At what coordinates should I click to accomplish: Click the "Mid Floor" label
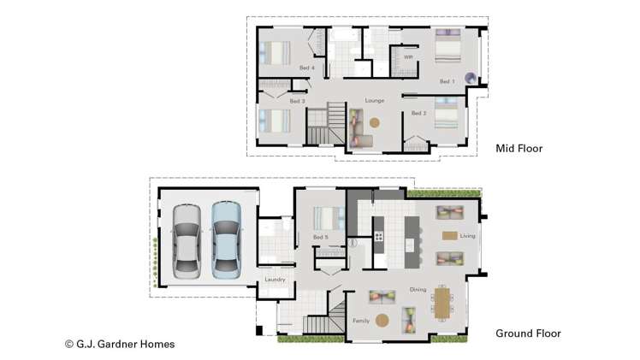tap(519, 149)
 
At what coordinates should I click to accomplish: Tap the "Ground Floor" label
tap(529, 333)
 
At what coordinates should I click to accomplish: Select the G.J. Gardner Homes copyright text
tap(120, 344)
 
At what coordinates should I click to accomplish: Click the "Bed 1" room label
tap(447, 82)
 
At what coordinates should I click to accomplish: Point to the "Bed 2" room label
tap(418, 113)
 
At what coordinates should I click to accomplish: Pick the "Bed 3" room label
tap(297, 102)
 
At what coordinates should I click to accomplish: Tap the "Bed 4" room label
tap(307, 68)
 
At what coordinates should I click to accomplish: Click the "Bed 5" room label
tap(321, 237)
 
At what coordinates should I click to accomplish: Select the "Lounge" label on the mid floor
tap(375, 101)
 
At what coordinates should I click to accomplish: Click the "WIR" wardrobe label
tap(408, 58)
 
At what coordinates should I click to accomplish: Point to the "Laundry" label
tap(275, 280)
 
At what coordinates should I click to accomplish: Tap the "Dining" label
tap(418, 289)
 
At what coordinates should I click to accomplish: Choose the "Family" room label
tap(361, 321)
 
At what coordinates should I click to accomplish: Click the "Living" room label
tap(467, 236)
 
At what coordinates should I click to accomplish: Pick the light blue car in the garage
tap(226, 240)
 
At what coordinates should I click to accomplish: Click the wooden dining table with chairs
tap(441, 301)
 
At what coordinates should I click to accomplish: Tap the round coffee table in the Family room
tap(382, 321)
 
